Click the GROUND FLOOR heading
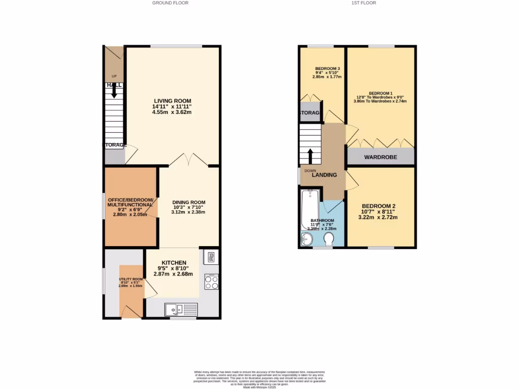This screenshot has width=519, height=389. pyautogui.click(x=170, y=3)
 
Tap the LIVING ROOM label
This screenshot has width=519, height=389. pyautogui.click(x=172, y=100)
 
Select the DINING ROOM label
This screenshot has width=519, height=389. pyautogui.click(x=189, y=202)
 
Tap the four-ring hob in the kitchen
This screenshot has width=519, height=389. pyautogui.click(x=211, y=282)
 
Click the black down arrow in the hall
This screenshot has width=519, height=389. pyautogui.click(x=114, y=91)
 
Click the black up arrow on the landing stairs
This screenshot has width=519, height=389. pyautogui.click(x=310, y=154)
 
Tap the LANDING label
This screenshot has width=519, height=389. pyautogui.click(x=324, y=175)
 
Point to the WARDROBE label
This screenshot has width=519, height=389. pyautogui.click(x=381, y=158)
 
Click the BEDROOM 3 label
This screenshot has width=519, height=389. pyautogui.click(x=327, y=68)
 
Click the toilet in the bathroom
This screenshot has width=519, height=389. pyautogui.click(x=328, y=239)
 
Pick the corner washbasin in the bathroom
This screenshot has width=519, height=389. pyautogui.click(x=307, y=240)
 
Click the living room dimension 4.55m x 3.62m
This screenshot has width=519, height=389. pyautogui.click(x=172, y=112)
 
